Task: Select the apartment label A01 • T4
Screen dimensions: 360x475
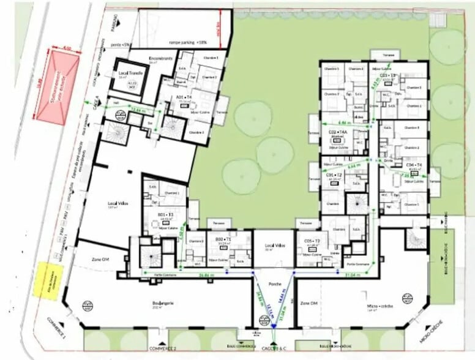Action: [184, 97]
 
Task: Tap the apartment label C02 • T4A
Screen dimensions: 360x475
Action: [338, 132]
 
